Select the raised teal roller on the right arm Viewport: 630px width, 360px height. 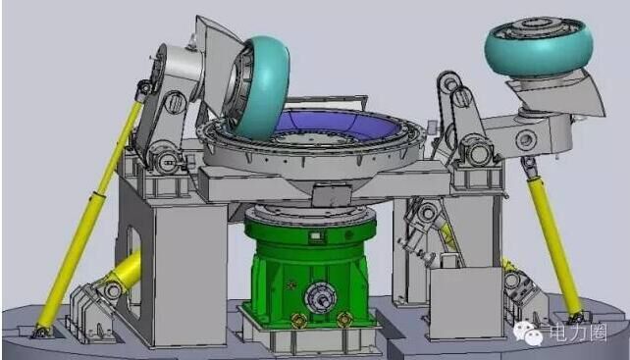[539, 47]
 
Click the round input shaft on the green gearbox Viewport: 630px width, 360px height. [320, 298]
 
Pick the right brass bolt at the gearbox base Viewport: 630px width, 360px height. [344, 320]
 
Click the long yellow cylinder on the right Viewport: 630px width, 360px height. [553, 241]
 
